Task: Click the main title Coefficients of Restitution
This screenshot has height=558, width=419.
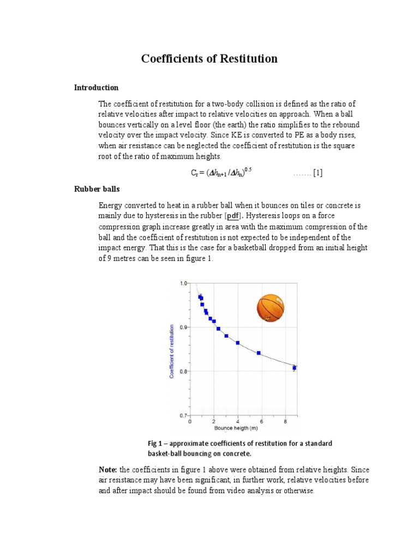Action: (x=209, y=59)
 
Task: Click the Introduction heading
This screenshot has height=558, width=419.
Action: (x=96, y=88)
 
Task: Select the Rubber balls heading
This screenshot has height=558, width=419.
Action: (x=97, y=189)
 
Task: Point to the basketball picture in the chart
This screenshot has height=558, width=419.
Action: (x=271, y=308)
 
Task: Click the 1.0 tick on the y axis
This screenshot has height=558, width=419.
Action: (x=183, y=283)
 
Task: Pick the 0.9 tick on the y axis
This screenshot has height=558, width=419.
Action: (x=183, y=327)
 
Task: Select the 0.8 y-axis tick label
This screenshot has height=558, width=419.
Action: (x=183, y=372)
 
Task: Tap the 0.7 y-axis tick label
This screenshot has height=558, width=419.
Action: (x=183, y=415)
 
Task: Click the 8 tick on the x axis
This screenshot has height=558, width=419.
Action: (x=285, y=421)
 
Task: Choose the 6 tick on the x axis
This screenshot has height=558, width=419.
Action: (x=261, y=421)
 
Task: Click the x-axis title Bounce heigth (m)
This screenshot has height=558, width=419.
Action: (x=236, y=428)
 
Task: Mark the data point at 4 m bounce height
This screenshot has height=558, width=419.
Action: (x=238, y=343)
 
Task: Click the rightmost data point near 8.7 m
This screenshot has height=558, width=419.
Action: (x=295, y=368)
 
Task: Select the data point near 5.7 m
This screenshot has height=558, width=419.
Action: (x=259, y=353)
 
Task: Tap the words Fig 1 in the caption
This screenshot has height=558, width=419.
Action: (x=155, y=444)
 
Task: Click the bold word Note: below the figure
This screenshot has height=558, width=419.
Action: (x=108, y=469)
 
